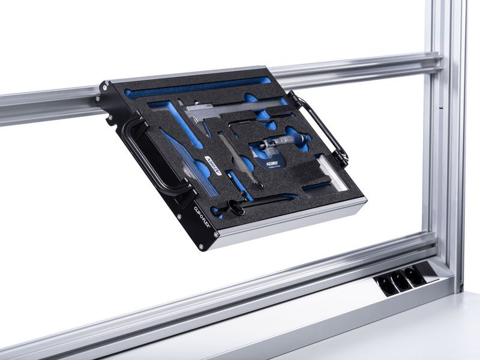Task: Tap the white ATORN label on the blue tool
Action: pyautogui.click(x=214, y=165)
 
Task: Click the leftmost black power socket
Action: pyautogui.click(x=387, y=283)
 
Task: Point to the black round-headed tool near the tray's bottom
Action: pyautogui.click(x=238, y=209)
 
